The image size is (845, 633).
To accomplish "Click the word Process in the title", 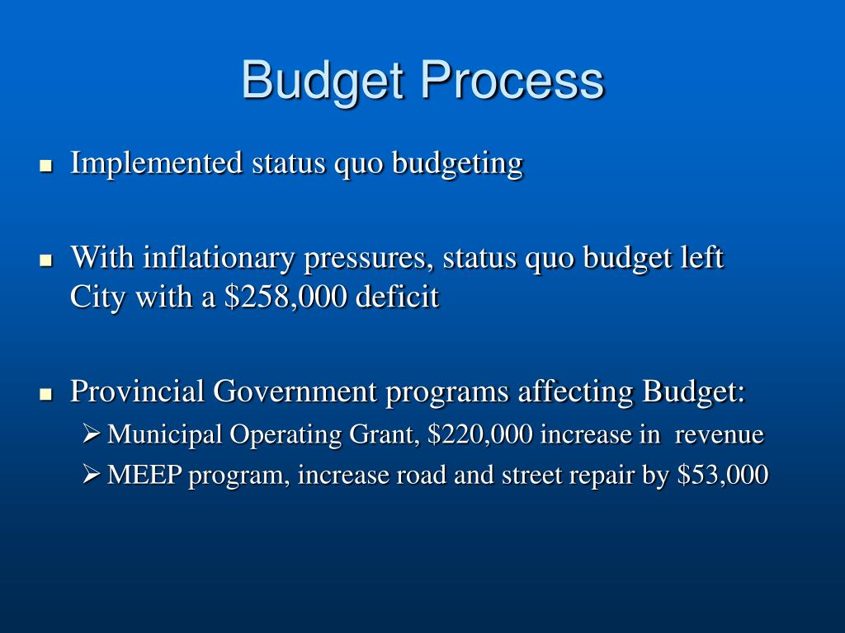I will click(x=512, y=81).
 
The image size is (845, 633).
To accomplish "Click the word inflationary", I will click(x=220, y=259).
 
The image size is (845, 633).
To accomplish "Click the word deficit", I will click(x=398, y=297).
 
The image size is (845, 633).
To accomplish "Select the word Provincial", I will click(x=137, y=392).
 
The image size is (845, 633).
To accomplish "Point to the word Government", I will click(x=295, y=392).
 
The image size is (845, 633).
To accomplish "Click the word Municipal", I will click(x=164, y=434).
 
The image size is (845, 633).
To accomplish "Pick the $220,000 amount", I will click(x=481, y=434).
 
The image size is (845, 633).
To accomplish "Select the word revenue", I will click(x=720, y=434).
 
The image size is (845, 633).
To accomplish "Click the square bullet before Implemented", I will click(x=46, y=166).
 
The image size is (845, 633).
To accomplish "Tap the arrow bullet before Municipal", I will click(x=92, y=434).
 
